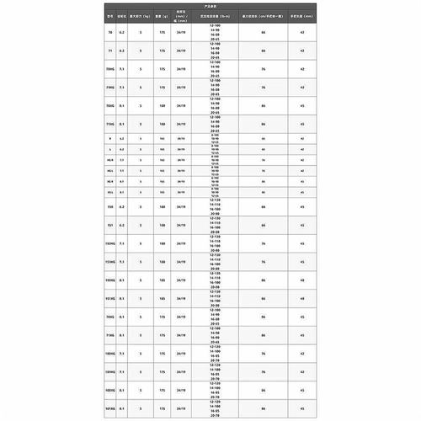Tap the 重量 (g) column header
click(x=162, y=15)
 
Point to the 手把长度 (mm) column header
click(x=301, y=15)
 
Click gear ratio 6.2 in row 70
click(x=122, y=31)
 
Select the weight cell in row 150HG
click(x=162, y=244)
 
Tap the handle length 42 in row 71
click(x=301, y=51)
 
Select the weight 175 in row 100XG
click(x=162, y=392)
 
